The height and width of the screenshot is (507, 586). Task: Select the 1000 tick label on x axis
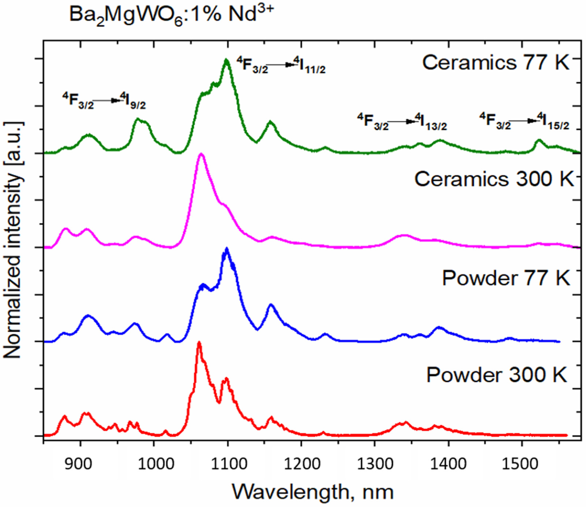(x=154, y=464)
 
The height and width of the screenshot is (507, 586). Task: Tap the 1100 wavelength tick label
(x=227, y=464)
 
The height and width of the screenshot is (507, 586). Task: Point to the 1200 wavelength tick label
(x=301, y=464)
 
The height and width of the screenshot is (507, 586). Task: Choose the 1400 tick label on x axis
(x=448, y=464)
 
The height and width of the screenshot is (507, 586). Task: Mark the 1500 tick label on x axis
(x=522, y=464)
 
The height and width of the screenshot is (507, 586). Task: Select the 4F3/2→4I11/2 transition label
(x=281, y=66)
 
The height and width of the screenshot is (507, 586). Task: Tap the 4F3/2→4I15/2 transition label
(x=524, y=122)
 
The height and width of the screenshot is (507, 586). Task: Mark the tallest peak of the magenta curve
(x=201, y=154)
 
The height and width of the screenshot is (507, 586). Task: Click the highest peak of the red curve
(x=199, y=343)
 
